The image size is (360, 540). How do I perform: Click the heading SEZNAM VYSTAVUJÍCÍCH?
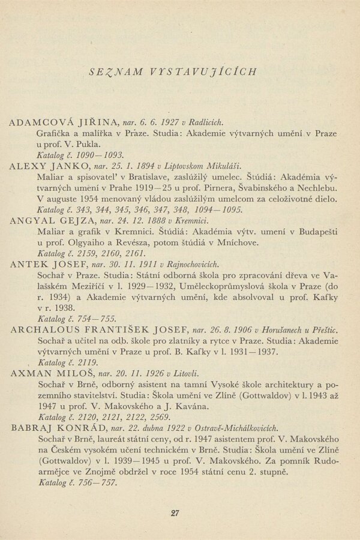[172, 71]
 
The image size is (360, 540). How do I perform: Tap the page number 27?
[175, 512]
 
